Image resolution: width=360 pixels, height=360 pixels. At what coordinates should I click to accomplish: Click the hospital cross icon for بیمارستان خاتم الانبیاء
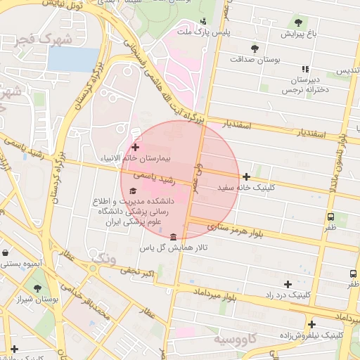[x=135, y=148]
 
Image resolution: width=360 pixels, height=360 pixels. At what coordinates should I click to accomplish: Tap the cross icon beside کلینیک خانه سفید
[x=246, y=176]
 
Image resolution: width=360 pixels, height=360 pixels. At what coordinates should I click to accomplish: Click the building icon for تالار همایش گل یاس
[x=174, y=236]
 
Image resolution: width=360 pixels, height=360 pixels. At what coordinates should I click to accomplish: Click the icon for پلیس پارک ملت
[x=203, y=21]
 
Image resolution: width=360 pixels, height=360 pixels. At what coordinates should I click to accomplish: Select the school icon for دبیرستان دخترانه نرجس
[x=304, y=69]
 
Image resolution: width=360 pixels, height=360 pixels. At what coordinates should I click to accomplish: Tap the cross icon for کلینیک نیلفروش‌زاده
[x=311, y=324]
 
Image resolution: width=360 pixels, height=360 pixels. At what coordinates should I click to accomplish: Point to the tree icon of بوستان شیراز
[x=37, y=288]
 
